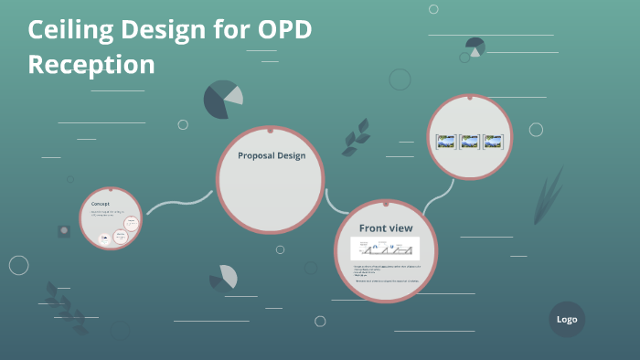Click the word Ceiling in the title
click(x=68, y=30)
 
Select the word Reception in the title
click(x=91, y=65)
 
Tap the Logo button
click(x=566, y=320)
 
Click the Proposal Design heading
click(x=272, y=155)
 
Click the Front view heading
click(x=385, y=228)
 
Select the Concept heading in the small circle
click(x=101, y=203)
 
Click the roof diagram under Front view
click(x=385, y=248)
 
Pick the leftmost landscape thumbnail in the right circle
click(x=445, y=142)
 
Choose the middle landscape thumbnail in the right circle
click(x=469, y=142)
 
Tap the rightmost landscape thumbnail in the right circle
click(x=493, y=142)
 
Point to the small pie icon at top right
click(x=475, y=47)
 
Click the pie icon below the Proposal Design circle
click(x=224, y=277)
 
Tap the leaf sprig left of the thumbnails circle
click(x=356, y=137)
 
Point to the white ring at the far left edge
click(x=18, y=265)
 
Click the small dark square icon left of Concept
click(x=64, y=231)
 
